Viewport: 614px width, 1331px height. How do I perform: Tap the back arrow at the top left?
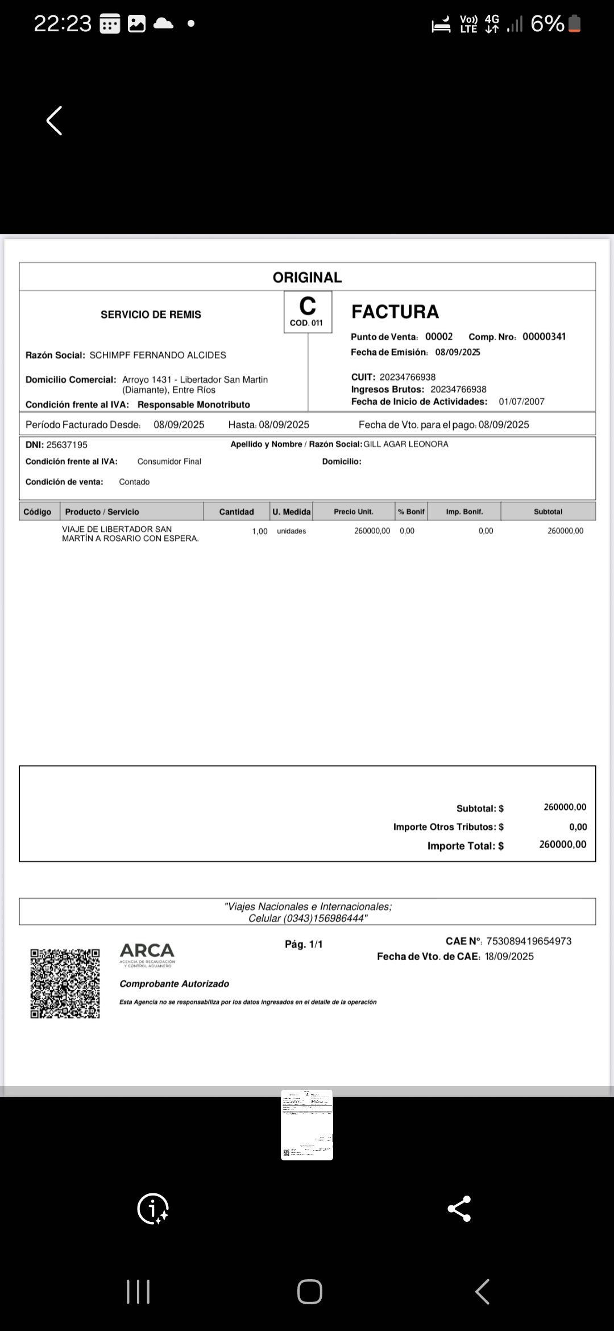click(54, 121)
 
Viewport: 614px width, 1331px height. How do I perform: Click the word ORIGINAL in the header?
click(307, 278)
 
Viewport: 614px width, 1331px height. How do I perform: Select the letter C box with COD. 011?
click(308, 312)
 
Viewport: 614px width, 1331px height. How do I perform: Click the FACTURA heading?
click(395, 312)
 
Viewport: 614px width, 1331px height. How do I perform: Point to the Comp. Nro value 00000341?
click(544, 337)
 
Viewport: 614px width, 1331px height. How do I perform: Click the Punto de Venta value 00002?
click(439, 337)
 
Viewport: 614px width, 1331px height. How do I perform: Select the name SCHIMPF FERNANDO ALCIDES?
click(157, 356)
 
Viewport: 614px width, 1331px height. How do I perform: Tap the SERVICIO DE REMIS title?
click(151, 315)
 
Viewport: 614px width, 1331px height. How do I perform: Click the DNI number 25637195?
click(67, 445)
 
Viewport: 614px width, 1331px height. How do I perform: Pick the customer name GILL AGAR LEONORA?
click(406, 444)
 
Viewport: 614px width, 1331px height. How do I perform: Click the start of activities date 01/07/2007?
click(521, 402)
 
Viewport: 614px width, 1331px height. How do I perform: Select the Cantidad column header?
click(237, 512)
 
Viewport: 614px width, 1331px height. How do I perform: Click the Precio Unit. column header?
click(354, 512)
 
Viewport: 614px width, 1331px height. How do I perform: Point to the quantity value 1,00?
click(260, 531)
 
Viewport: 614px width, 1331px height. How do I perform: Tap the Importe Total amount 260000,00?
click(563, 845)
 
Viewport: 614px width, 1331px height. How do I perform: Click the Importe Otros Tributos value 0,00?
click(578, 827)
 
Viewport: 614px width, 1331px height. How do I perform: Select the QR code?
click(65, 983)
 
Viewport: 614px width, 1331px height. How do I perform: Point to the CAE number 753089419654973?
click(529, 941)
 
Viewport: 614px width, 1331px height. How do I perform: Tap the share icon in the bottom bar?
click(459, 1209)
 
